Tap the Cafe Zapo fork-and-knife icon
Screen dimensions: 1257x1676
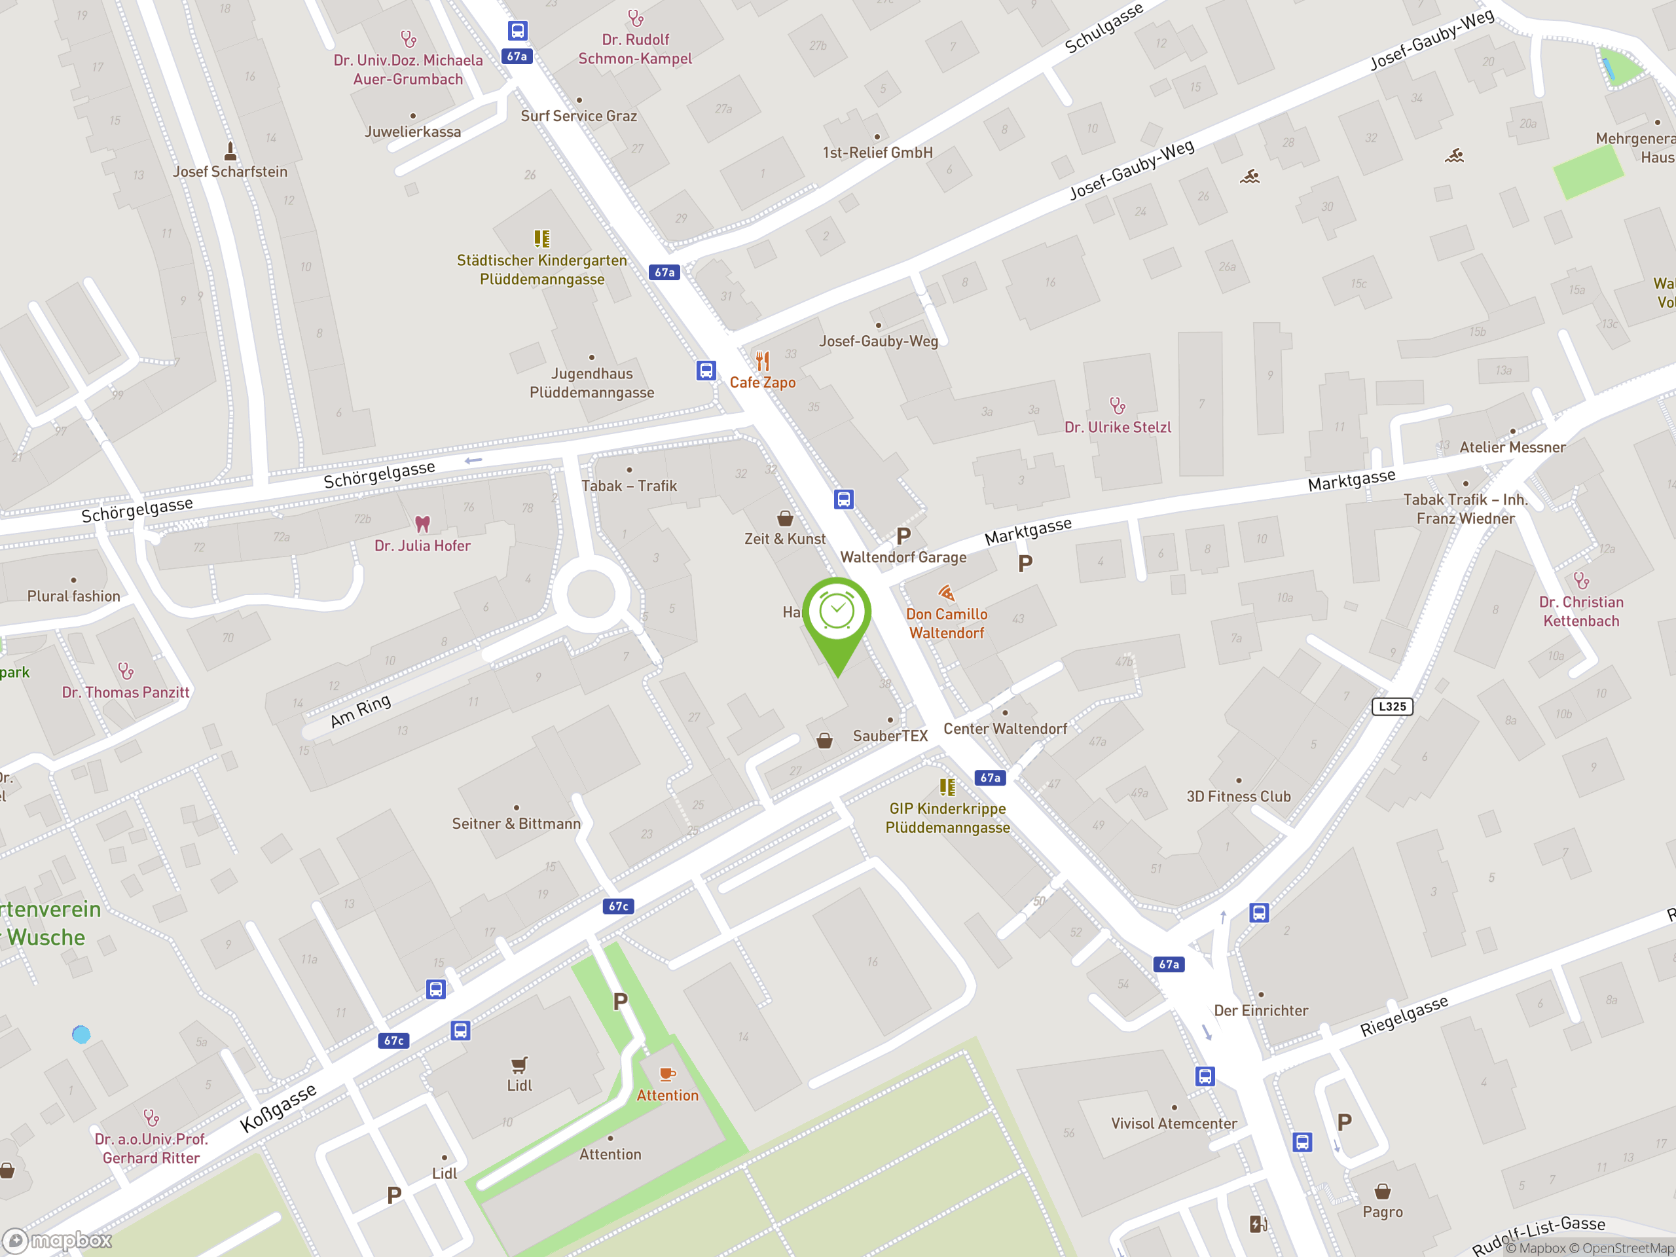(762, 361)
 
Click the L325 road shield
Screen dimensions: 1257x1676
(1392, 706)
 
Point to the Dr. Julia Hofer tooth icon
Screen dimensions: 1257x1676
(422, 524)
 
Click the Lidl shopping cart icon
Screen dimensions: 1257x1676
(519, 1065)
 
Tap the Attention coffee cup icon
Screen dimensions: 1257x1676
(666, 1074)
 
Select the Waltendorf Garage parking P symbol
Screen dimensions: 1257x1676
(903, 536)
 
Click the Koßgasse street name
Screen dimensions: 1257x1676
(278, 1108)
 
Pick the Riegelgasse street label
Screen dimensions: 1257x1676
(1404, 1016)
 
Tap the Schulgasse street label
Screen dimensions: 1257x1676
(1103, 29)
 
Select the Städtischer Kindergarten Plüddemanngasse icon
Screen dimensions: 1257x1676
(541, 239)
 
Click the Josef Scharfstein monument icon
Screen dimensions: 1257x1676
(230, 150)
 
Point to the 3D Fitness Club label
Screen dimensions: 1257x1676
(1238, 796)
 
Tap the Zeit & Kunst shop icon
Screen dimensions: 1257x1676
(785, 519)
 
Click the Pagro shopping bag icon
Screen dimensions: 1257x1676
(1382, 1192)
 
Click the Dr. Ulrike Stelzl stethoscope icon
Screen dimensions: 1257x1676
(1117, 405)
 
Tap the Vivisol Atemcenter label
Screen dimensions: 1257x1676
(1174, 1123)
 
